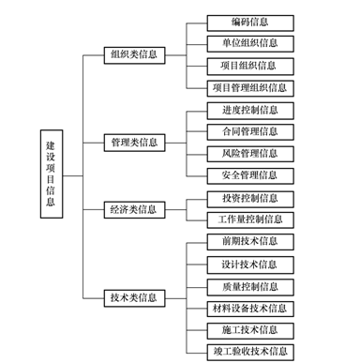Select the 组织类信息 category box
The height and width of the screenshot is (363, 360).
134,54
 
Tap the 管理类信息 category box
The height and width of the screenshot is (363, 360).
134,143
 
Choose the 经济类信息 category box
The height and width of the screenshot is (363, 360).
134,209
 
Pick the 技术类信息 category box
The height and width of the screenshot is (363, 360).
134,297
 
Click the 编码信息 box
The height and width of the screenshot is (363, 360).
249,22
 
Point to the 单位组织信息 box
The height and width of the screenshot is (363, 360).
249,43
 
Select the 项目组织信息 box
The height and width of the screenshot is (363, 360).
249,66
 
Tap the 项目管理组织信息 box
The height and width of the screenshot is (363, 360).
249,87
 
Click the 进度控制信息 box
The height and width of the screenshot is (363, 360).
249,109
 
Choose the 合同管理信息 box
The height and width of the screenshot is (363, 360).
249,131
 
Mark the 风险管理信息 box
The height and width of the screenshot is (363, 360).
249,153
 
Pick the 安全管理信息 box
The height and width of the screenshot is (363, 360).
249,175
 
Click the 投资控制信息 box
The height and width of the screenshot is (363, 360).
249,198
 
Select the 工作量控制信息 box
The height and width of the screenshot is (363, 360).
249,219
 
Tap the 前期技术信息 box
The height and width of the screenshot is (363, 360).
249,241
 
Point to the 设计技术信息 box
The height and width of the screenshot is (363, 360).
249,265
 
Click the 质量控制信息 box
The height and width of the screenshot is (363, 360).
249,286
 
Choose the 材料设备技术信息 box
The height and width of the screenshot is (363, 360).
249,308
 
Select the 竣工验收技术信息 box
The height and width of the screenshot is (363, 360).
249,352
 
